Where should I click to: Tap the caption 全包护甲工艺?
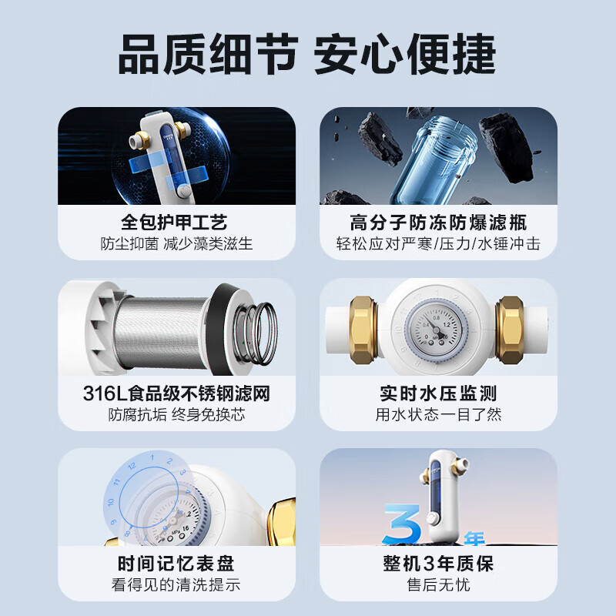click(176, 223)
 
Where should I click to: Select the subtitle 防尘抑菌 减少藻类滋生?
click(176, 244)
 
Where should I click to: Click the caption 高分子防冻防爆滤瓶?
click(438, 223)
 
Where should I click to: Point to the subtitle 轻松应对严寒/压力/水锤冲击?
click(438, 244)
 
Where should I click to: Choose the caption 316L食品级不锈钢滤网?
click(176, 394)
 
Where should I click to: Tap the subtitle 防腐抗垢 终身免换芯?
click(176, 415)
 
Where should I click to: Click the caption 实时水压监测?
click(438, 394)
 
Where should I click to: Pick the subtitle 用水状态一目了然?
click(438, 415)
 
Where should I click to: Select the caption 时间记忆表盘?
click(176, 564)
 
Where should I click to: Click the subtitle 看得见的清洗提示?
click(176, 585)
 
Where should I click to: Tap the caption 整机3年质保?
click(438, 564)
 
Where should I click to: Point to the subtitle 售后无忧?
click(438, 585)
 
